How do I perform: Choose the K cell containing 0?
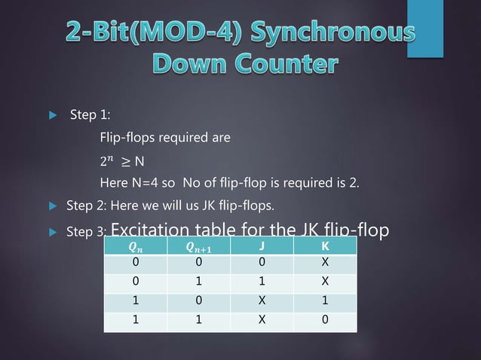click(x=323, y=318)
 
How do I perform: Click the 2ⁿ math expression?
click(x=107, y=160)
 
